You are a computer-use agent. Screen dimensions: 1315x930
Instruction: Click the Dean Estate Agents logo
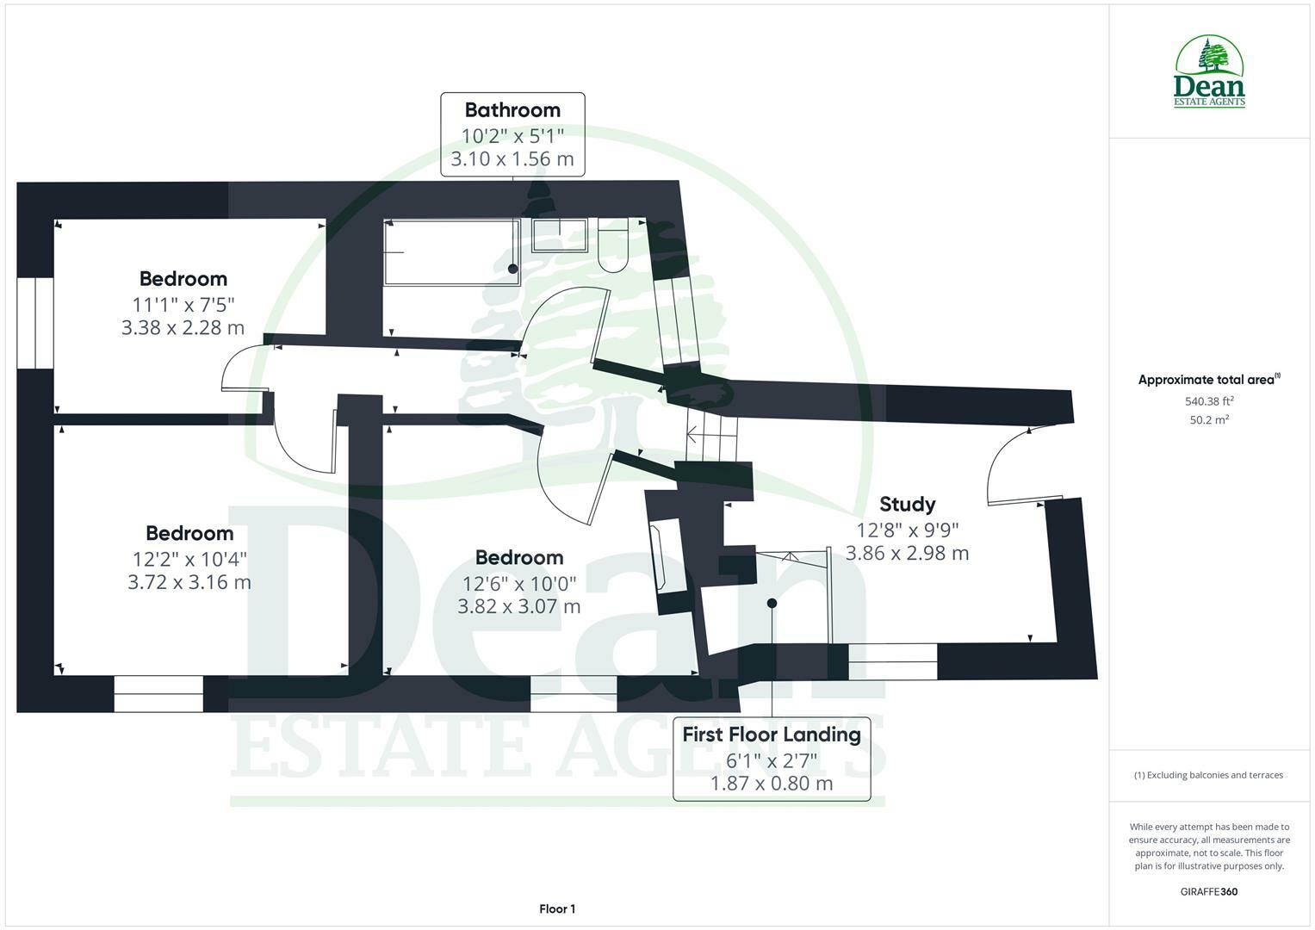1209,71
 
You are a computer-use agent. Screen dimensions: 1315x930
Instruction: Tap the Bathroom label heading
512,110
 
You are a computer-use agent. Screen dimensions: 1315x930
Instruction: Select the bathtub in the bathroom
451,252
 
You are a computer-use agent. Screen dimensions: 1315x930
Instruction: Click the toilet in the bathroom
613,245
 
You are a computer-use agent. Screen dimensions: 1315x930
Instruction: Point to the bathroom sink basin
560,235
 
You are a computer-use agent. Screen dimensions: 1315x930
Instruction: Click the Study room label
907,504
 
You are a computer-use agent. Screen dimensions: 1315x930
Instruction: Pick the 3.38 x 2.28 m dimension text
183,327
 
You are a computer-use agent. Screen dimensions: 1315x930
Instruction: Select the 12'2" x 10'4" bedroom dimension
189,559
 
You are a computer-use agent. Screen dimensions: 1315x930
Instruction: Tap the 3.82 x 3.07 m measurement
519,606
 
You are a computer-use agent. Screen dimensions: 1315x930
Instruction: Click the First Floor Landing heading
772,735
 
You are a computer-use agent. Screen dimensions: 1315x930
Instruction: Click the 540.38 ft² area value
1209,401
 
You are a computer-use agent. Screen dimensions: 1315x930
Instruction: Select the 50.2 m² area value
1209,420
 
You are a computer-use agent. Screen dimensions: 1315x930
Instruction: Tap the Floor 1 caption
557,908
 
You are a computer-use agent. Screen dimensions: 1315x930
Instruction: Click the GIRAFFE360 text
1209,892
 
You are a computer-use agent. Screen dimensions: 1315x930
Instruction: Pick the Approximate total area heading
1209,379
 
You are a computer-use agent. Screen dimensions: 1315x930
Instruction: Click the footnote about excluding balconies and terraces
1208,775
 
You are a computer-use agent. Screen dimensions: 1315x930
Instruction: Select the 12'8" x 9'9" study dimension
907,530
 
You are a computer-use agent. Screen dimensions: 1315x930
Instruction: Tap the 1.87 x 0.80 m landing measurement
772,784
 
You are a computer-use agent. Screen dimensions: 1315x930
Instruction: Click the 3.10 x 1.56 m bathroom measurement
512,158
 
